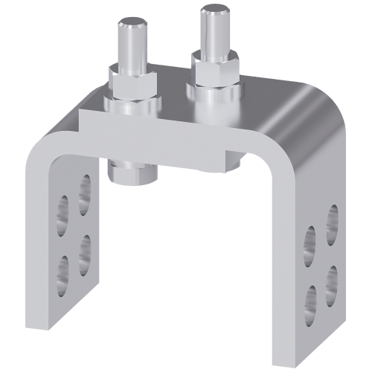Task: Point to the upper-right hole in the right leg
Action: coord(330,219)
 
